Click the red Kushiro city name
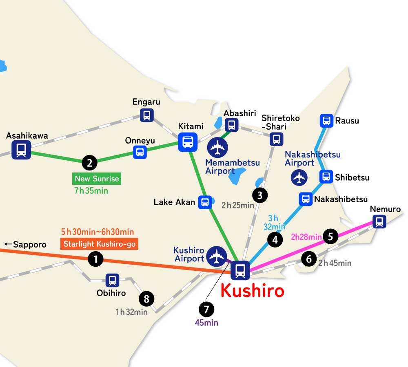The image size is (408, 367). (252, 291)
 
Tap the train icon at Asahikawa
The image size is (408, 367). (21, 150)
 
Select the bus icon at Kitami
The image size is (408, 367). (188, 142)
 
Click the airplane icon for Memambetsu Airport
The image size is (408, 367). (217, 147)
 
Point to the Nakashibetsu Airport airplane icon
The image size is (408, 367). (300, 177)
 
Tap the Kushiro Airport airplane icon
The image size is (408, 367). (216, 256)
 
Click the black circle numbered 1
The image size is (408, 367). (95, 259)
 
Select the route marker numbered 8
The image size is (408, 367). (146, 299)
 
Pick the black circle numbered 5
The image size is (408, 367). (330, 236)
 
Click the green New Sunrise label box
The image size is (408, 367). (97, 179)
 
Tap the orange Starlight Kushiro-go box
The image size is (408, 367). (99, 244)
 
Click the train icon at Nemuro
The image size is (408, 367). (379, 222)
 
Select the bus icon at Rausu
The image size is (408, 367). (326, 120)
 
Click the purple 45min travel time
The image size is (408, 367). (206, 323)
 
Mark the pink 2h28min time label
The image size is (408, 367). (306, 237)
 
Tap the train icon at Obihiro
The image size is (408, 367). (112, 280)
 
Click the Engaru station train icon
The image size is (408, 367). (147, 115)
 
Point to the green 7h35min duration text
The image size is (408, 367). (91, 190)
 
